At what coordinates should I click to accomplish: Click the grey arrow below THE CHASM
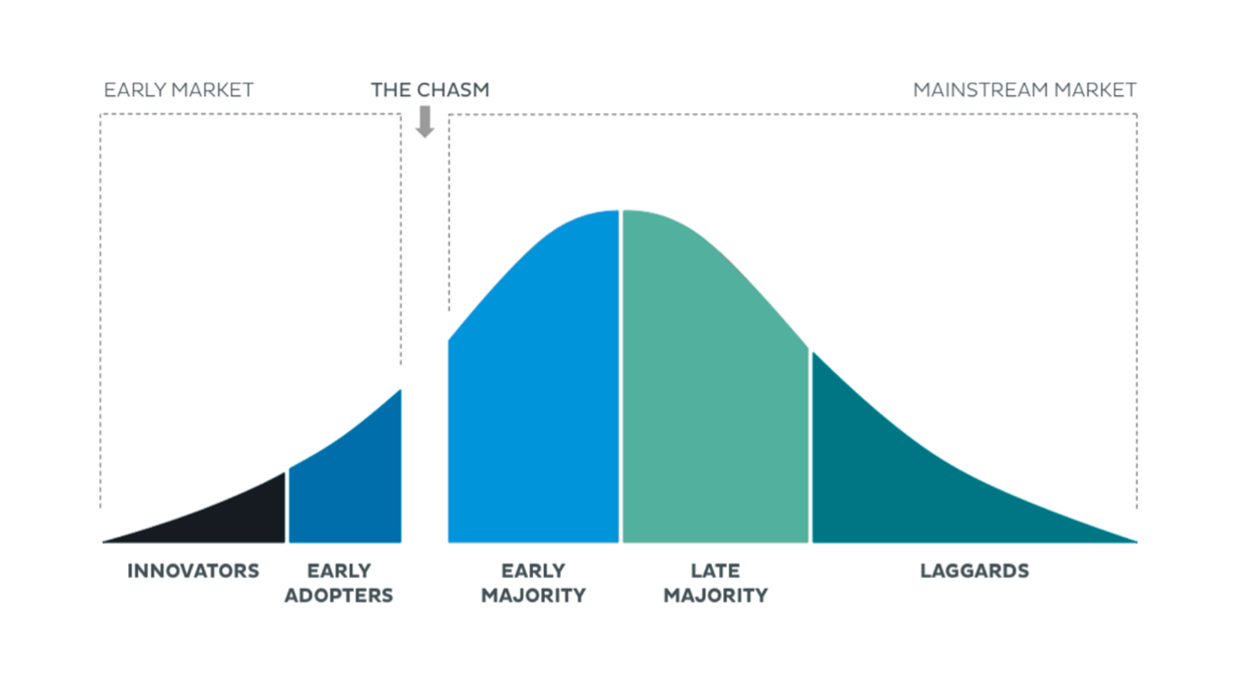pos(424,121)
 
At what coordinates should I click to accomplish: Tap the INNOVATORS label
pos(193,571)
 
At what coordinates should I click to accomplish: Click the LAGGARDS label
pos(975,571)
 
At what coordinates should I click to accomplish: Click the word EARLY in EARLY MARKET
pos(135,90)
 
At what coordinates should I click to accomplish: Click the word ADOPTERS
pos(339,596)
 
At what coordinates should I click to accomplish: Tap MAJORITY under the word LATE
pos(716,596)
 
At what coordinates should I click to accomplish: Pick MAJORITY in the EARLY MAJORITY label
pos(533,596)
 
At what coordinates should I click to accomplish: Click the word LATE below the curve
pos(715,571)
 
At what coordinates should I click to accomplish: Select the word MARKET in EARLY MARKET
pos(213,90)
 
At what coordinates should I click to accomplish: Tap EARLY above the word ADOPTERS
pos(339,571)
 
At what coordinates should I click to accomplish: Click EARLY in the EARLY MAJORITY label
pos(533,571)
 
